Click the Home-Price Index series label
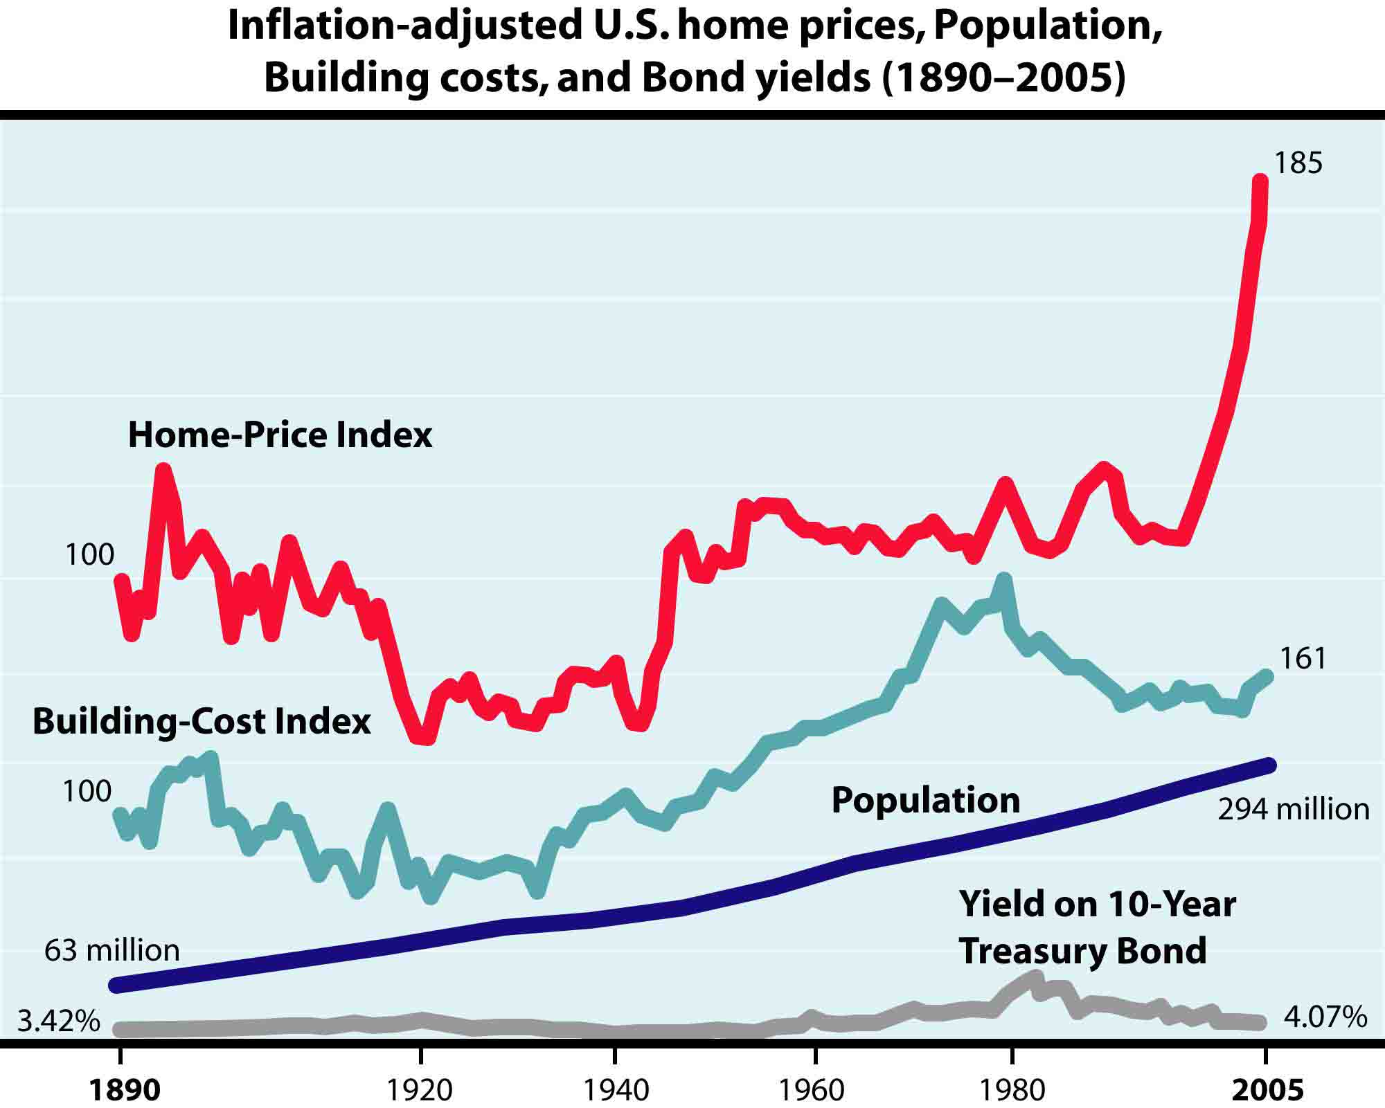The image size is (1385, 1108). [280, 435]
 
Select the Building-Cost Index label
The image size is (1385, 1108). [202, 721]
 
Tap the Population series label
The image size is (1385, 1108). [925, 800]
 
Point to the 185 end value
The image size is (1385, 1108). [1298, 163]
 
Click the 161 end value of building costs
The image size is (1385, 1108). [1303, 658]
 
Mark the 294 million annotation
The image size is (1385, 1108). [1294, 809]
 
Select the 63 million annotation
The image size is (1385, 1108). [112, 950]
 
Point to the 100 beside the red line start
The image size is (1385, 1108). [89, 555]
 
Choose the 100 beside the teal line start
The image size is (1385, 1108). [87, 791]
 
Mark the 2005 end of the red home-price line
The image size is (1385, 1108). [1261, 183]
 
